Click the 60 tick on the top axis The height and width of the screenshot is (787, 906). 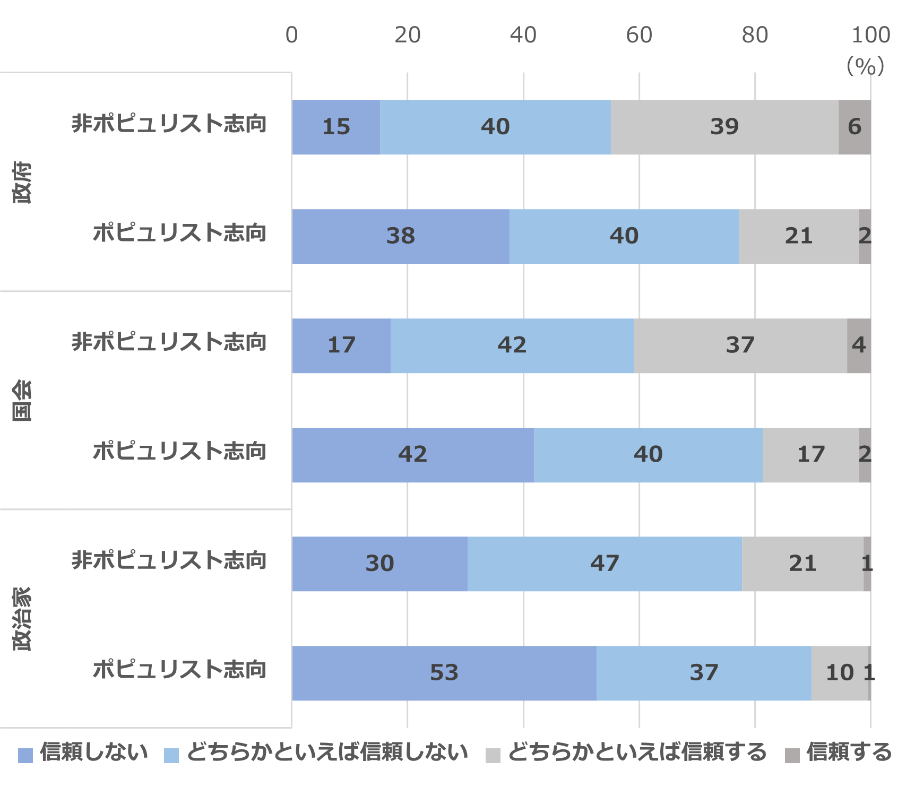638,35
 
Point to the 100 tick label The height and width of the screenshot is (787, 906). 870,35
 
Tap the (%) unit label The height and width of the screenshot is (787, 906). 865,66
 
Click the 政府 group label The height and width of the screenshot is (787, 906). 22,182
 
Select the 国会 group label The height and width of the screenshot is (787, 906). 22,400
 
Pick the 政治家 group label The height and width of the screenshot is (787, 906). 22,619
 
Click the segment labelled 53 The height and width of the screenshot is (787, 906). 444,673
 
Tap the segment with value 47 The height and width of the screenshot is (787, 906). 605,564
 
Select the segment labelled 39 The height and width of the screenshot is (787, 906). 724,127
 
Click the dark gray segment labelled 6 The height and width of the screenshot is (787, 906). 855,127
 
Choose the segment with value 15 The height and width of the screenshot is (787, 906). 336,127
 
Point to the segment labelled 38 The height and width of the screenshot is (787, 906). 401,236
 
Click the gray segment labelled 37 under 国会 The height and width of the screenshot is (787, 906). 740,345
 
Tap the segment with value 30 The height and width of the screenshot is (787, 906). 379,564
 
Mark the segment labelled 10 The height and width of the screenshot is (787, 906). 839,673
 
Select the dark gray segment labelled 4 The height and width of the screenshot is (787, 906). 859,345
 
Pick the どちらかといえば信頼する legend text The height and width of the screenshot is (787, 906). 637,753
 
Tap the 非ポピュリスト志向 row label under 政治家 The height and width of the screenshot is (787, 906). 169,560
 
